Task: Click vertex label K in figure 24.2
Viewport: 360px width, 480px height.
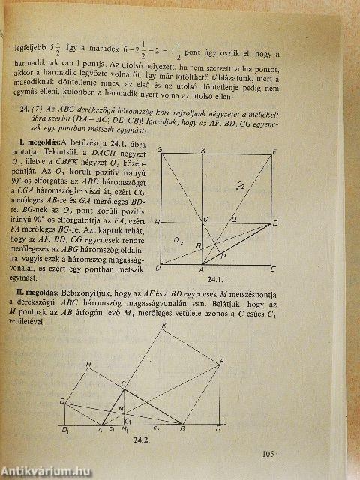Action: [164, 325]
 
